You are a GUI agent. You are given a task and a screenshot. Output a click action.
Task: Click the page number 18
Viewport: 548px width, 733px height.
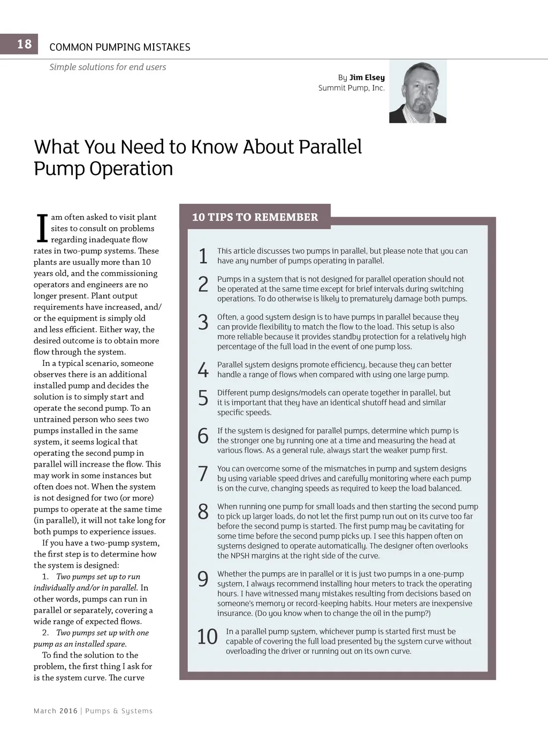click(x=24, y=44)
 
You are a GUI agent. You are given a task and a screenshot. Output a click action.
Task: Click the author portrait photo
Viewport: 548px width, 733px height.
click(x=417, y=91)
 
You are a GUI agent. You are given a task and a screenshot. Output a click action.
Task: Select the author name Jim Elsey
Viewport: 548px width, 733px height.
click(x=367, y=78)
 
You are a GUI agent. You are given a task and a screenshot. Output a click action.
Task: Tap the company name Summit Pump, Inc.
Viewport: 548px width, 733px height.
click(x=352, y=88)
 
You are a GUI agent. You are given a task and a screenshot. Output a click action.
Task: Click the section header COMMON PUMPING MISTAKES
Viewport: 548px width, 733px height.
click(x=120, y=47)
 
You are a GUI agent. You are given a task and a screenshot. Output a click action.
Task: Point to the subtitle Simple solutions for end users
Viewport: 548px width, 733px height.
click(x=108, y=67)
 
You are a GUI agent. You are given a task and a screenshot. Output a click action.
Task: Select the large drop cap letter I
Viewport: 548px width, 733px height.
click(x=41, y=228)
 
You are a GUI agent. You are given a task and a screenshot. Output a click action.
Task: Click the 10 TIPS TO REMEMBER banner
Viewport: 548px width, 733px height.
click(x=255, y=217)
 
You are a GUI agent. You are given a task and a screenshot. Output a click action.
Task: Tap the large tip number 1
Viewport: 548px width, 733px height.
click(x=203, y=256)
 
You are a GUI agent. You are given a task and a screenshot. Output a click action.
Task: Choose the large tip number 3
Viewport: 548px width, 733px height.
click(x=203, y=323)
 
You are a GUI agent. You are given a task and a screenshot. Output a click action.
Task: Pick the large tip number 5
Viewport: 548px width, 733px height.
click(x=203, y=398)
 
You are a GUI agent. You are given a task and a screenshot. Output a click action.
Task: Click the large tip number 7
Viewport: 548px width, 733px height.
click(x=203, y=474)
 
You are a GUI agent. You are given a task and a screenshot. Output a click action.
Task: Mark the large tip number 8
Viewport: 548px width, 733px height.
click(x=203, y=512)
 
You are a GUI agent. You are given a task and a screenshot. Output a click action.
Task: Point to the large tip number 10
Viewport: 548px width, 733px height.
click(x=207, y=637)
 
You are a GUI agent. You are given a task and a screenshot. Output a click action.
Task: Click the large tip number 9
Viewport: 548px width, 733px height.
click(x=203, y=579)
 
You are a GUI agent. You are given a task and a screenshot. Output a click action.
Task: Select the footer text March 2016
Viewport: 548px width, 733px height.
click(x=55, y=711)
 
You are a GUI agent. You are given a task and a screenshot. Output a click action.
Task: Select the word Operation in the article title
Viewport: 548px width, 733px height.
click(x=131, y=169)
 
